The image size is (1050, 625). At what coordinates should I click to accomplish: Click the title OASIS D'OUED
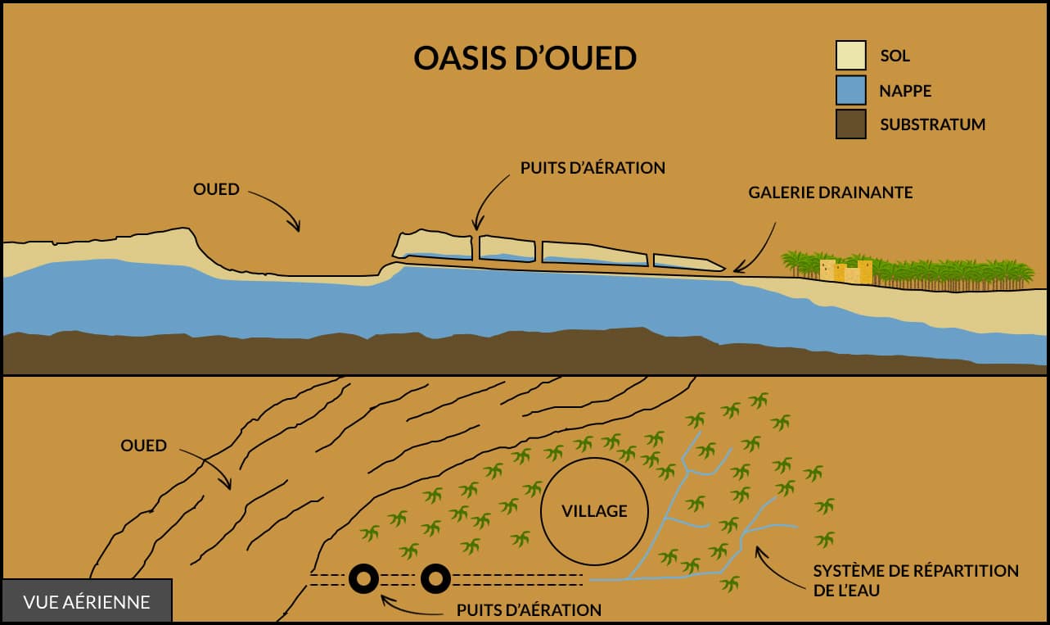(525, 58)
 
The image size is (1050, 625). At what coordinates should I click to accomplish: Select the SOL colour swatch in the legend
(851, 56)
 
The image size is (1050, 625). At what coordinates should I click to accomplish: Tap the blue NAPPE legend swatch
(851, 90)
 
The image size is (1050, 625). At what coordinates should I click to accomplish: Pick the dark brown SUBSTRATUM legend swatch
(851, 125)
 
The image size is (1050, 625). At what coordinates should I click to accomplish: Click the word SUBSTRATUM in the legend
(933, 125)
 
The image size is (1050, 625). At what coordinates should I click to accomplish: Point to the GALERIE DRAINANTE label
(830, 192)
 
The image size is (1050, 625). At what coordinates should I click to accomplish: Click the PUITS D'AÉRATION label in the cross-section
(593, 167)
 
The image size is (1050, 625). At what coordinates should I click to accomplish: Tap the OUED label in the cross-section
(216, 189)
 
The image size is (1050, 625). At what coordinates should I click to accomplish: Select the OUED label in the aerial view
(143, 446)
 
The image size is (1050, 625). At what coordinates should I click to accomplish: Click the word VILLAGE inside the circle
(594, 510)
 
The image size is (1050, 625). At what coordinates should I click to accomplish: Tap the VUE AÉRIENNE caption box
(87, 601)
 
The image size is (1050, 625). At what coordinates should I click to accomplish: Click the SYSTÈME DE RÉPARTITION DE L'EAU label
(916, 581)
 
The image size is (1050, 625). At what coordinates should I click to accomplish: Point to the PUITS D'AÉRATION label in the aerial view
(529, 610)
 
